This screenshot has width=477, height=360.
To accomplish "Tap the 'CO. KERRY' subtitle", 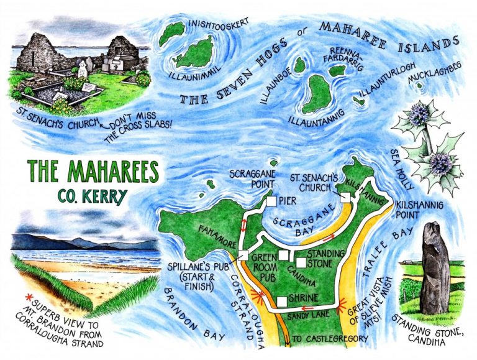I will [x=93, y=196].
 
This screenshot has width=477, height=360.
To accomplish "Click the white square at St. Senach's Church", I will [x=345, y=197].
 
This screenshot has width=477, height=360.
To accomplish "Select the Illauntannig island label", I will [x=319, y=118].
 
